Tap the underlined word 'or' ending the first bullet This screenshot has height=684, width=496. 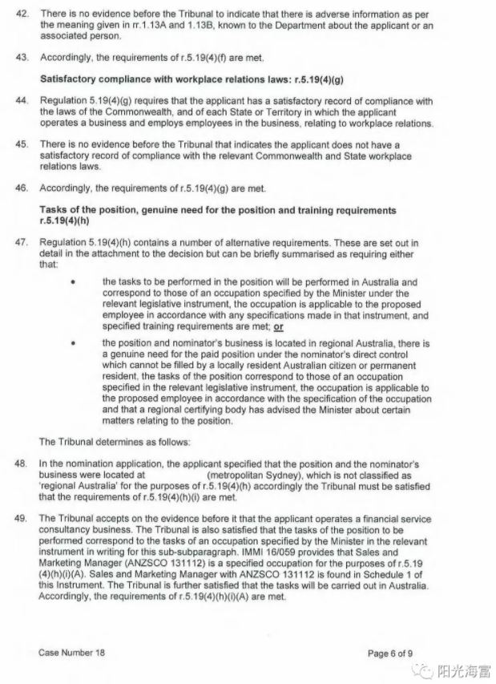coord(280,326)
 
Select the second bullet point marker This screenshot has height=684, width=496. coord(74,343)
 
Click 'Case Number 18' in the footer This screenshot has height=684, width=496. coord(71,653)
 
